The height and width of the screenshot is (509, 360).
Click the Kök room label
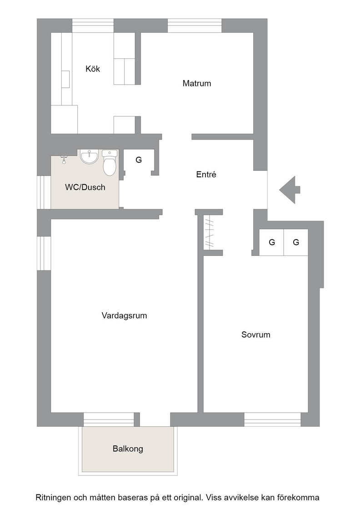[x=93, y=69]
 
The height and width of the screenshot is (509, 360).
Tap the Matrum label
[x=197, y=84]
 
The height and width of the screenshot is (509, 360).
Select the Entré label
[x=206, y=175]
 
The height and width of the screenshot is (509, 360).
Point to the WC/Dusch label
[x=85, y=187]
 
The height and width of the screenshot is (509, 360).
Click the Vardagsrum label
[x=125, y=315]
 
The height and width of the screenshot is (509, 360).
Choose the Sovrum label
[x=256, y=334]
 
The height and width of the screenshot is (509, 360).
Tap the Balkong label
[x=128, y=449]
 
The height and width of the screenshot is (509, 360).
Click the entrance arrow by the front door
[x=290, y=190]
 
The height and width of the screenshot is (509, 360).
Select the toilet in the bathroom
[x=110, y=163]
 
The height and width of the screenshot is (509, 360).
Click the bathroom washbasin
[x=89, y=157]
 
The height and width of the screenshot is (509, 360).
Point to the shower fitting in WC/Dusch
[x=64, y=159]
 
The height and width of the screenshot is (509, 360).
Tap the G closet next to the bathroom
[x=139, y=160]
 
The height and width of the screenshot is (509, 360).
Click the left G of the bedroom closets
[x=272, y=242]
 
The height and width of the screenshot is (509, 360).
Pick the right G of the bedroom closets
[x=296, y=242]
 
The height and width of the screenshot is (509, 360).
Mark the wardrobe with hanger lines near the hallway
[x=210, y=232]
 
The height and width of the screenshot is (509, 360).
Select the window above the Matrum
[x=195, y=25]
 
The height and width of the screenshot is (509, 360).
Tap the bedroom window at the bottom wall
[x=273, y=419]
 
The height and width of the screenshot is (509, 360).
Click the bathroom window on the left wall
[x=44, y=192]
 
